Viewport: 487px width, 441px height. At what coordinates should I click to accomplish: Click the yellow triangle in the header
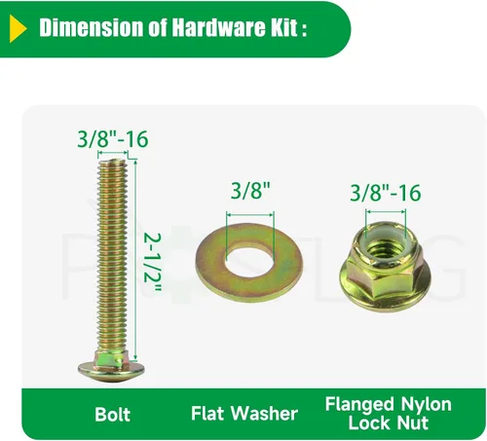tap(17, 28)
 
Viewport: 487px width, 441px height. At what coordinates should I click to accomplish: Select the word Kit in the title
tap(281, 27)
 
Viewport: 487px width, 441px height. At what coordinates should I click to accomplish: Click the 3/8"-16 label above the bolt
tap(113, 139)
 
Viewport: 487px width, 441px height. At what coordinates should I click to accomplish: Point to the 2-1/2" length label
tap(152, 262)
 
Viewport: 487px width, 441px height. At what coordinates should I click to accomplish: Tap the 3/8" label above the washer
tap(250, 191)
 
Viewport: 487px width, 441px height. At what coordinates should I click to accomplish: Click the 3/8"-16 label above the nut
tap(386, 193)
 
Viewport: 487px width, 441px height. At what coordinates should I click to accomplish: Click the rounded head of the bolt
tap(111, 371)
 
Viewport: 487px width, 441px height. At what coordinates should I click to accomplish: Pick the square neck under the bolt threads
tap(111, 358)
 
